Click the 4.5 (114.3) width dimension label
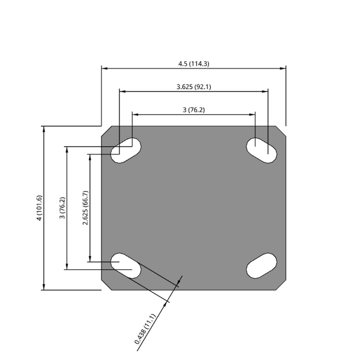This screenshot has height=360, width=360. (194, 64)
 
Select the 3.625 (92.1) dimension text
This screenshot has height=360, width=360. (194, 87)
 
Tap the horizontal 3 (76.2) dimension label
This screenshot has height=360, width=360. (194, 110)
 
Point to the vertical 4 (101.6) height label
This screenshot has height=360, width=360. (39, 208)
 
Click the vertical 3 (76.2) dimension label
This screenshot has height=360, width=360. (62, 208)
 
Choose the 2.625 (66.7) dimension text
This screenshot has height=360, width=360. (85, 208)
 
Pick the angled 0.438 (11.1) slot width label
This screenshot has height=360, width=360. (145, 329)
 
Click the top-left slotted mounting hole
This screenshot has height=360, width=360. (126, 150)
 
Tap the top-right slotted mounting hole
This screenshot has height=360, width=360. (262, 150)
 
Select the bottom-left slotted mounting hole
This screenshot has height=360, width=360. (126, 266)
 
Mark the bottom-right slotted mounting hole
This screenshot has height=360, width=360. (262, 266)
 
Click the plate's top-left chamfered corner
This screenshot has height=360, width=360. (107, 131)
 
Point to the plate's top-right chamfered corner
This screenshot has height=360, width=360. (281, 131)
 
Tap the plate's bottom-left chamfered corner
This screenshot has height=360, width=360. (107, 285)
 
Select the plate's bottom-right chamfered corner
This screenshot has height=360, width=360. (281, 285)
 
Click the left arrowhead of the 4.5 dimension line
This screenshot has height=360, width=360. (104, 69)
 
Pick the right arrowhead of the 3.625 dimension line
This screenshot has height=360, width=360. (265, 91)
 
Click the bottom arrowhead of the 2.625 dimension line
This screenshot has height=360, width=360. (90, 258)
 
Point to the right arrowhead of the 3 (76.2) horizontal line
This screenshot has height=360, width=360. (252, 114)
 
